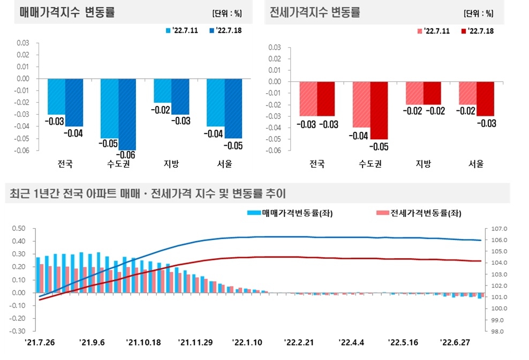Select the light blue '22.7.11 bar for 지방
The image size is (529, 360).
tap(163, 91)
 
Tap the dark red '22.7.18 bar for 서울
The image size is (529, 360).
tap(485, 99)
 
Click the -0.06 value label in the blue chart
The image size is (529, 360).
tap(127, 155)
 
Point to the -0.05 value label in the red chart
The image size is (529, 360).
tap(379, 147)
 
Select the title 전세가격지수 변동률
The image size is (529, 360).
tap(315, 12)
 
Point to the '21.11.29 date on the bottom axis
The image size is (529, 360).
tap(195, 342)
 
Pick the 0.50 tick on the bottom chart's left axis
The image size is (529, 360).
tap(19, 228)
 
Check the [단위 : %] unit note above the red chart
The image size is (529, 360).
tap(478, 13)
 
